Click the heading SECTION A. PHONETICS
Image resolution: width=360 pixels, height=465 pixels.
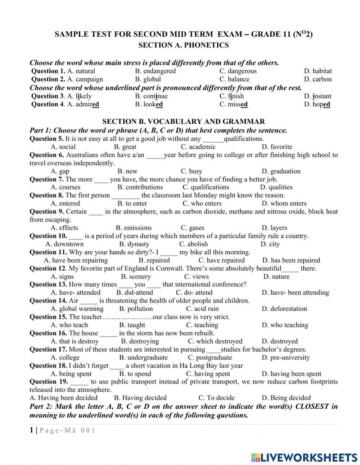pyautogui.click(x=183, y=45)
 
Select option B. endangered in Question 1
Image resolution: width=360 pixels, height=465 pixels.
pyautogui.click(x=155, y=71)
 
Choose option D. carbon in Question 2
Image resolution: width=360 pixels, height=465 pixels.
pyautogui.click(x=318, y=79)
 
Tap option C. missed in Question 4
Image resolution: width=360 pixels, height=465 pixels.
pyautogui.click(x=233, y=104)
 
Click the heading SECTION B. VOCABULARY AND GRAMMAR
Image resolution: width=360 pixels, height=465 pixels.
pyautogui.click(x=183, y=122)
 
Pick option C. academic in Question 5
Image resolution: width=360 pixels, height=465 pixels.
pyautogui.click(x=198, y=147)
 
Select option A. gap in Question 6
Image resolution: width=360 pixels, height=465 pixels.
pyautogui.click(x=60, y=171)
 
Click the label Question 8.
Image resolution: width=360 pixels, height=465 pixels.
pyautogui.click(x=46, y=195)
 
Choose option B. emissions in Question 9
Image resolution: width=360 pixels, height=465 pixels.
pyautogui.click(x=134, y=228)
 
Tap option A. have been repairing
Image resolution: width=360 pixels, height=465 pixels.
pyautogui.click(x=76, y=260)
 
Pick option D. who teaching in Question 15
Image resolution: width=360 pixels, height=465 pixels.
pyautogui.click(x=284, y=325)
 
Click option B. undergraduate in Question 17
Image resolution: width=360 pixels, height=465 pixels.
pyautogui.click(x=143, y=357)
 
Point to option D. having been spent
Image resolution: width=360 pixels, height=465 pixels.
pyautogui.click(x=291, y=374)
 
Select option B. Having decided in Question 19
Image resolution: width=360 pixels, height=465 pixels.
pyautogui.click(x=140, y=398)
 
